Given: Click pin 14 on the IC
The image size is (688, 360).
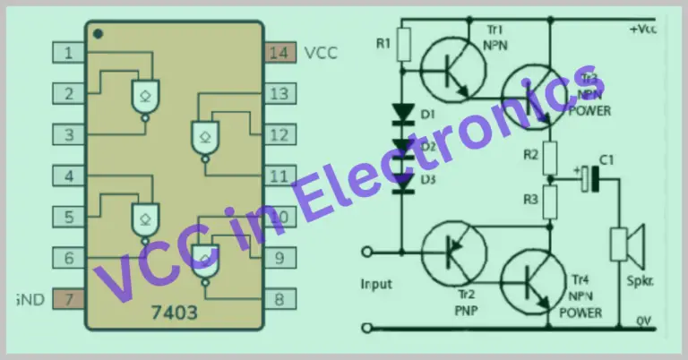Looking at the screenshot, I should pos(279,53).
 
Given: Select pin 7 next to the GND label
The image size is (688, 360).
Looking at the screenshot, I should pos(68,297).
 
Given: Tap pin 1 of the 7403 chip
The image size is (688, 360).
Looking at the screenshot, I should pos(68,53).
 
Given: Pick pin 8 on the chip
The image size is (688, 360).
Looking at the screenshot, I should pos(279,299).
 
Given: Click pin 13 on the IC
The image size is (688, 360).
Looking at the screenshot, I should pos(279,93).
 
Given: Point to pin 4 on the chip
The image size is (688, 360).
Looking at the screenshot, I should pos(68,176).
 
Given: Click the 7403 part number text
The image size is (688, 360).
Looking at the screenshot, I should pos(176,315).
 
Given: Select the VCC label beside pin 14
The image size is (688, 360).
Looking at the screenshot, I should pos(321,53).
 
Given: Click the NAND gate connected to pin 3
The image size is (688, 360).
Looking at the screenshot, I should pos(144,93).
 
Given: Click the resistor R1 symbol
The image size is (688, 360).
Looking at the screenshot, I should pos(403,42).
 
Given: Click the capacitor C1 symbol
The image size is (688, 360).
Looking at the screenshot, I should pos(589,177).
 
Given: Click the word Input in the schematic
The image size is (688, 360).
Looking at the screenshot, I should pos(377,284).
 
